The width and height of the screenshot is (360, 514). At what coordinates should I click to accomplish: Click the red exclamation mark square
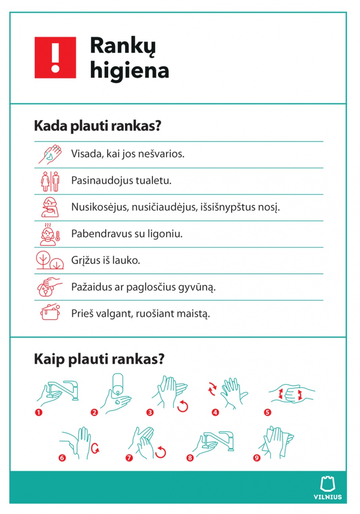pos(55,57)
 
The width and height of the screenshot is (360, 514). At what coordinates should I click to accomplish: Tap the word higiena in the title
pos(129,71)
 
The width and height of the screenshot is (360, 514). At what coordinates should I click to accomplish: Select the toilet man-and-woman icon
pos(50,181)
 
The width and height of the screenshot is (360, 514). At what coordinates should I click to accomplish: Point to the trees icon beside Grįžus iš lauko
pos(49,260)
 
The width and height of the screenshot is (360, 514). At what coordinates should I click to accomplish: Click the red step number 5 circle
pos(268,412)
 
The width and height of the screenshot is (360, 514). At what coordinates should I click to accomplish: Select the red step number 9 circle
pos(256,457)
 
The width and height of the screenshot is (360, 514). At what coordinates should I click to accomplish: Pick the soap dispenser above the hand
pos(117,383)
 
